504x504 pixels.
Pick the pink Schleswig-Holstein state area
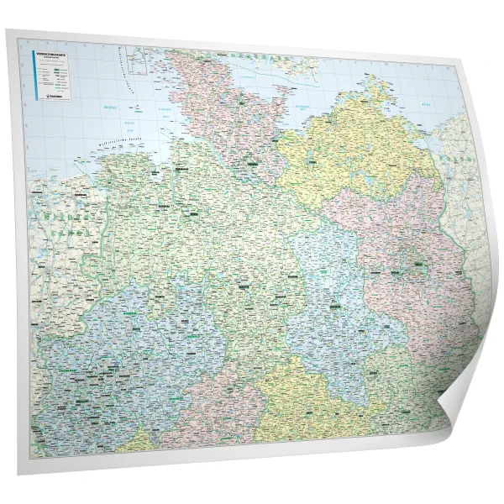[x=227, y=109]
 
